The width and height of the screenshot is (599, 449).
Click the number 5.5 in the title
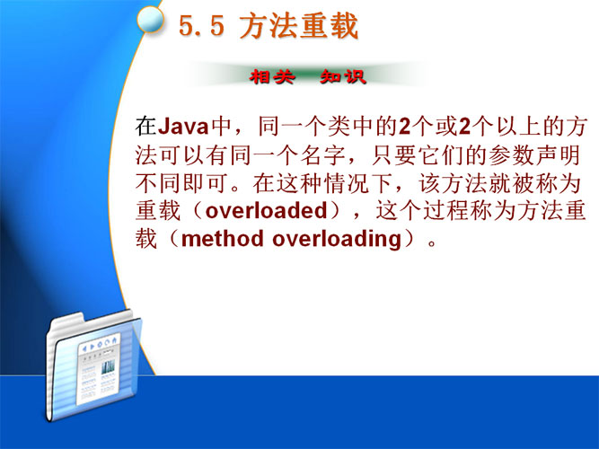(x=201, y=27)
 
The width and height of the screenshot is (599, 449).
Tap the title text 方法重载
(x=299, y=26)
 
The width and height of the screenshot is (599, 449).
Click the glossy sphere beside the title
(x=151, y=20)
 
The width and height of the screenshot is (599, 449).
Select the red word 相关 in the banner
(x=272, y=77)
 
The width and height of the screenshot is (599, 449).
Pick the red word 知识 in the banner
(x=343, y=77)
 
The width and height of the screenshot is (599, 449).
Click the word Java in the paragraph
(x=183, y=127)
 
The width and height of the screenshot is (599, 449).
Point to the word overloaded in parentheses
(x=266, y=210)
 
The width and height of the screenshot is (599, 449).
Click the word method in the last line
(x=223, y=239)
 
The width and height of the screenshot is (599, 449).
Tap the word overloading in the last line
(x=337, y=240)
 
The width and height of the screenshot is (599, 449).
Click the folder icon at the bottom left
(x=93, y=367)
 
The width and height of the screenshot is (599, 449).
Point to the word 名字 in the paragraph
(x=323, y=155)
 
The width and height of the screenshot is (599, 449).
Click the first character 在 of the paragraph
(x=146, y=127)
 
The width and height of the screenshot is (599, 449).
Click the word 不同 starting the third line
(x=158, y=183)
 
